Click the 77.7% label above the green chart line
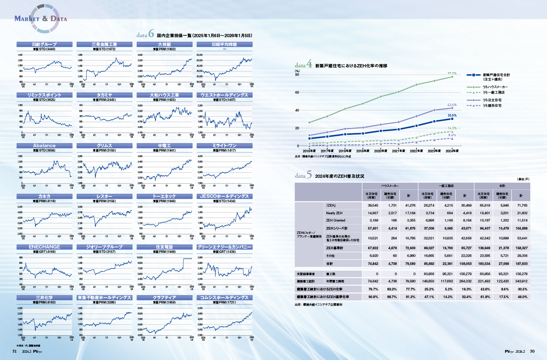click(452, 74)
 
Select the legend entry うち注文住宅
click(492, 100)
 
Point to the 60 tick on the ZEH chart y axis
click(297, 93)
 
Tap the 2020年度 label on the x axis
click(380, 151)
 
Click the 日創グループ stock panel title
click(44, 44)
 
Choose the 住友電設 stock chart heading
click(164, 247)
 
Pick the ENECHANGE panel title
click(44, 247)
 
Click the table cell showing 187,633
click(521, 263)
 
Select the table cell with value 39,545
click(373, 205)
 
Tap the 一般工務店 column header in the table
click(446, 186)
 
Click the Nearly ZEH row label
click(334, 213)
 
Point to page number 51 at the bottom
click(15, 351)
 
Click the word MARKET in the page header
click(27, 19)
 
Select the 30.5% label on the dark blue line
click(452, 116)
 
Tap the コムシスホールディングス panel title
click(224, 297)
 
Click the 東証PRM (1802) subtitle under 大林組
click(164, 49)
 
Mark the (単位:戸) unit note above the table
click(523, 179)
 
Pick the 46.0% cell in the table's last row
click(522, 297)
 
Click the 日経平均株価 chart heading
click(224, 44)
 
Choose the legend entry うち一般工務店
click(493, 92)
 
